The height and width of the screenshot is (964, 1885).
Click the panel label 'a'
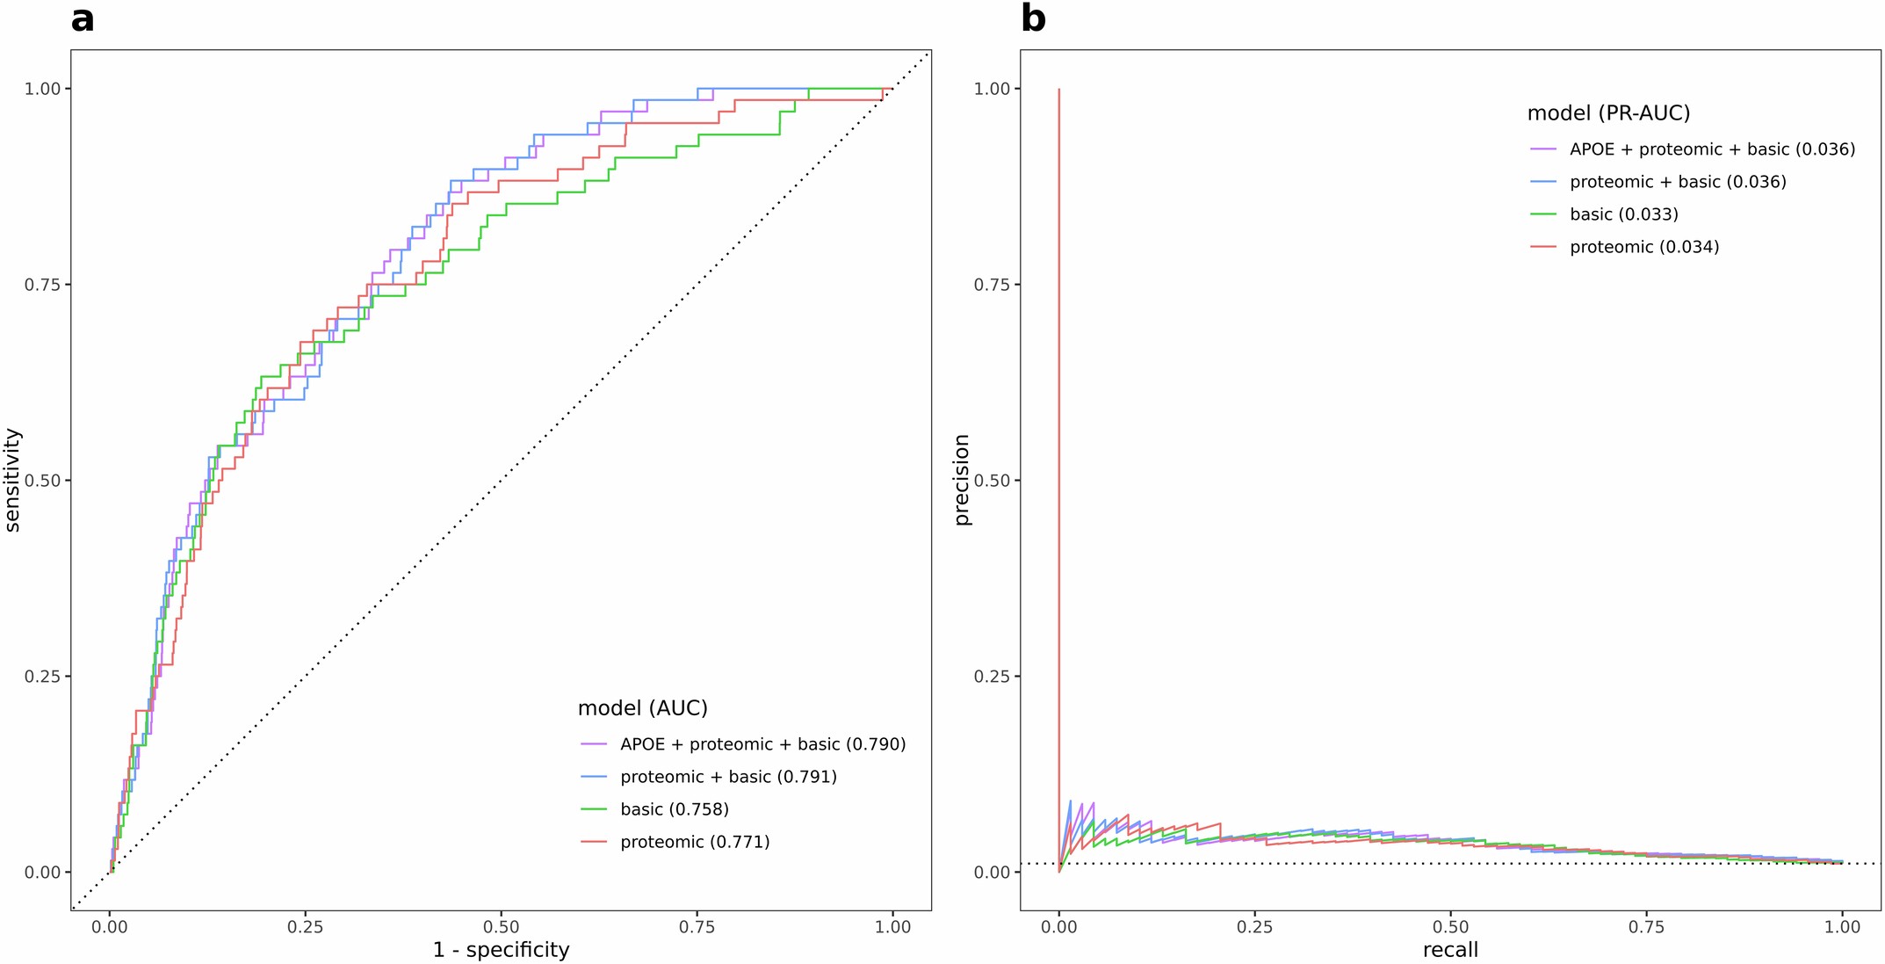click(x=82, y=19)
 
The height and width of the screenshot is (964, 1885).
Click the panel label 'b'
click(x=1033, y=19)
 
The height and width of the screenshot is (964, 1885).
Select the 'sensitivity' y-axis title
click(x=12, y=480)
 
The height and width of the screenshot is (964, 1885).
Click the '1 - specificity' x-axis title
click(x=501, y=950)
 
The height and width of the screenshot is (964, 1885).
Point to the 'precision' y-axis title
click(x=963, y=480)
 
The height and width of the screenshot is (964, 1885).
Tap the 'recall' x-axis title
click(x=1450, y=950)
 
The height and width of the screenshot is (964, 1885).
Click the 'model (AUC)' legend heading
click(x=642, y=708)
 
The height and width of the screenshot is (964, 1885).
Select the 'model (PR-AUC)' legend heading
click(x=1608, y=113)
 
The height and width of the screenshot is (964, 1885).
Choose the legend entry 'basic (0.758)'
click(x=674, y=809)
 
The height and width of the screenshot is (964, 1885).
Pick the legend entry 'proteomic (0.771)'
click(x=694, y=842)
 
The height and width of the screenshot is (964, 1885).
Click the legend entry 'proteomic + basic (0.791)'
click(x=728, y=777)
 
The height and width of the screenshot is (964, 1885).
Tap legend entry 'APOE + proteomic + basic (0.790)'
click(x=762, y=744)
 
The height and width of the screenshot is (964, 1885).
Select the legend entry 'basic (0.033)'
click(x=1623, y=214)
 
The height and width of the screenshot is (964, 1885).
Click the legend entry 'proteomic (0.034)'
click(x=1643, y=247)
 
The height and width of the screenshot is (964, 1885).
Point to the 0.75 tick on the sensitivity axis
click(x=42, y=285)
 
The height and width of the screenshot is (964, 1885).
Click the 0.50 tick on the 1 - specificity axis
click(x=501, y=927)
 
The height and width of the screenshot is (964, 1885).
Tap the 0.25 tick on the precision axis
click(x=992, y=677)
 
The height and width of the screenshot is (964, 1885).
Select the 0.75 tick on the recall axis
click(x=1646, y=927)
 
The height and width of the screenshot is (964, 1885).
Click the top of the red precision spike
click(x=1059, y=90)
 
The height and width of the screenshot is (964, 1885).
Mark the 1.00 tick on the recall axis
click(x=1842, y=927)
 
